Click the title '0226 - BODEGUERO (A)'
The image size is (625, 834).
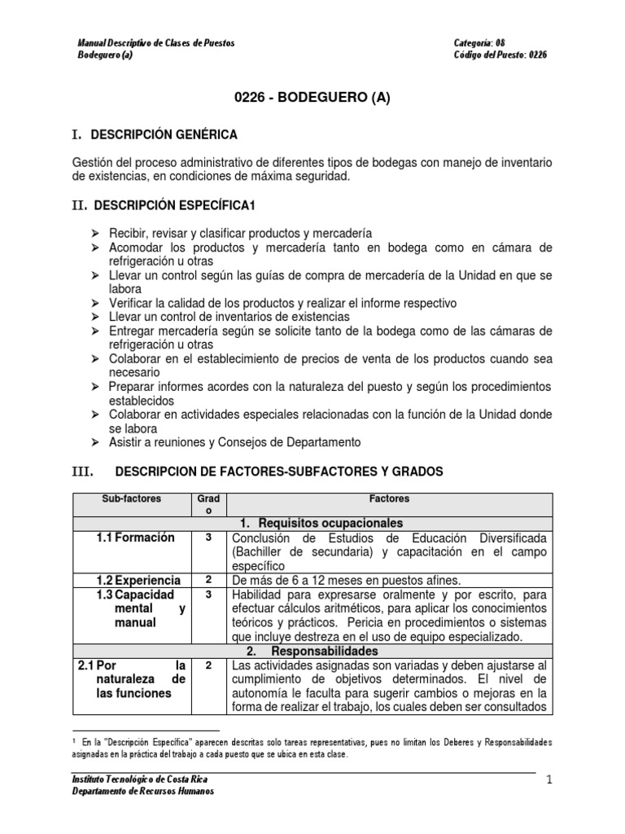(312, 99)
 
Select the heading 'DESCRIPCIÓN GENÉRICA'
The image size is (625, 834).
(164, 134)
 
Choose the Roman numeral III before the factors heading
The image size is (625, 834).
(84, 471)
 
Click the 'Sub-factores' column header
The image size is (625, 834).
(132, 498)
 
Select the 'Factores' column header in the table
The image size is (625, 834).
(388, 498)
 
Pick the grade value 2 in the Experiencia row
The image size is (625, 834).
(208, 580)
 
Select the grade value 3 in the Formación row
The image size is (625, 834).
(208, 538)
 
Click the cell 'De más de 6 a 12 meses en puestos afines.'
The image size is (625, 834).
(346, 580)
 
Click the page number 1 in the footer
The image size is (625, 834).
(549, 780)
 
